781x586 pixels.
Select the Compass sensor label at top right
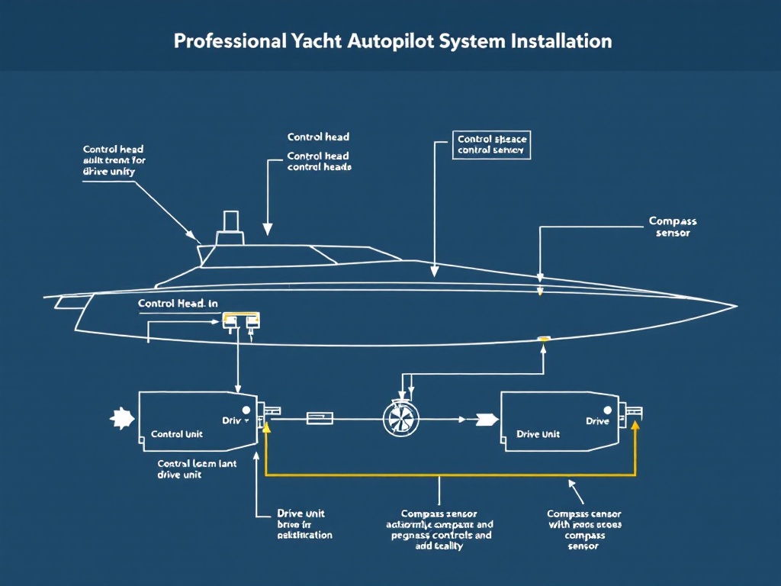(672, 227)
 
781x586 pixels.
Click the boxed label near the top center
(492, 145)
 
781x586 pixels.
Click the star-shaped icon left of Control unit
(121, 418)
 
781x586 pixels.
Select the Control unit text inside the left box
(177, 434)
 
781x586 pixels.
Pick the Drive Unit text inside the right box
(538, 434)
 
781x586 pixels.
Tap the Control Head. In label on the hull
(178, 304)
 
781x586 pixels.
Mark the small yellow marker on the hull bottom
(544, 339)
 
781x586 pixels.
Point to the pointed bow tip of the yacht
(734, 307)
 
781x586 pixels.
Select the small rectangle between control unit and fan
(320, 418)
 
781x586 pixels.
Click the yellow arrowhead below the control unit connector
(265, 428)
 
